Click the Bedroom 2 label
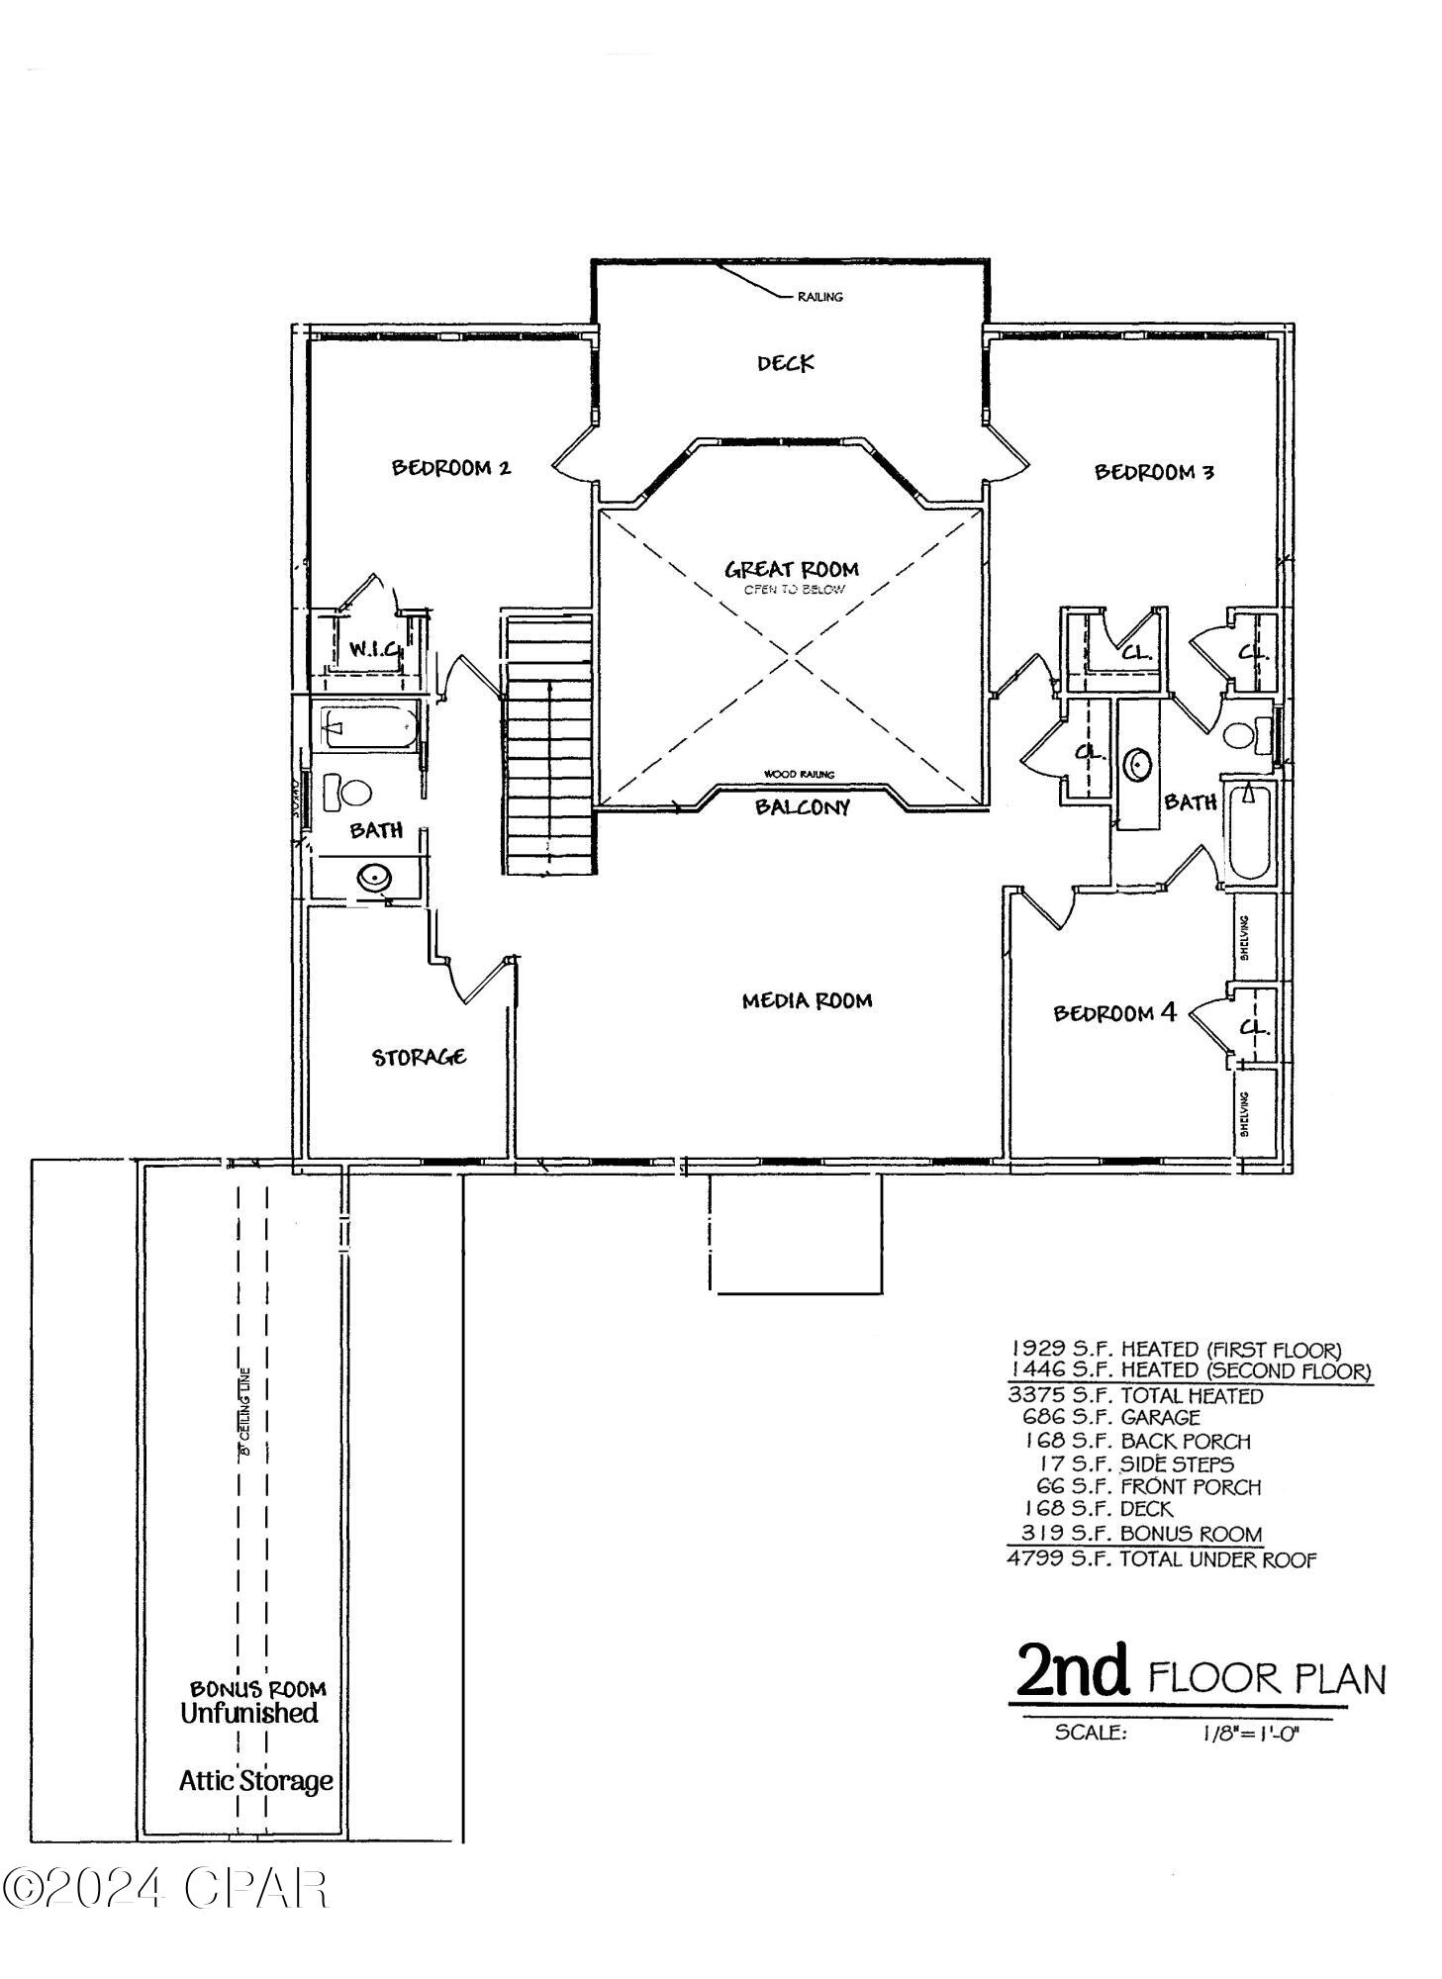(x=450, y=467)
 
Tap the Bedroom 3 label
(x=1153, y=472)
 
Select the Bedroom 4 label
(x=1113, y=1013)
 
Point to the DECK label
(x=785, y=363)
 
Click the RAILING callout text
(x=819, y=297)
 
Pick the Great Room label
(x=791, y=570)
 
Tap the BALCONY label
(x=802, y=807)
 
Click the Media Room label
(x=807, y=1000)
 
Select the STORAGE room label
(x=419, y=1057)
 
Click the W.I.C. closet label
(x=374, y=650)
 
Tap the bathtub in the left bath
(x=366, y=726)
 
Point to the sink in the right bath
(x=1138, y=764)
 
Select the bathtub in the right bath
(x=1248, y=829)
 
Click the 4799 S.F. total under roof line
(x=1160, y=1560)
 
